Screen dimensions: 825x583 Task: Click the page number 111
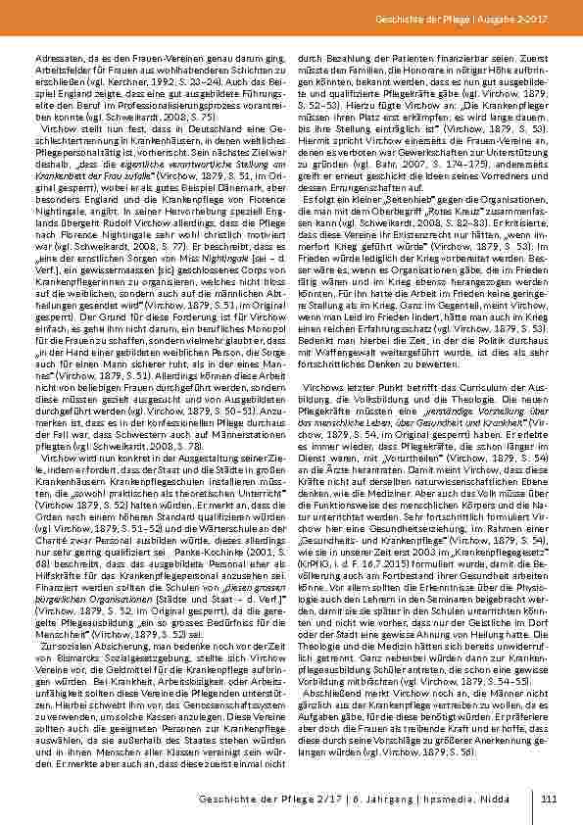point(549,800)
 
